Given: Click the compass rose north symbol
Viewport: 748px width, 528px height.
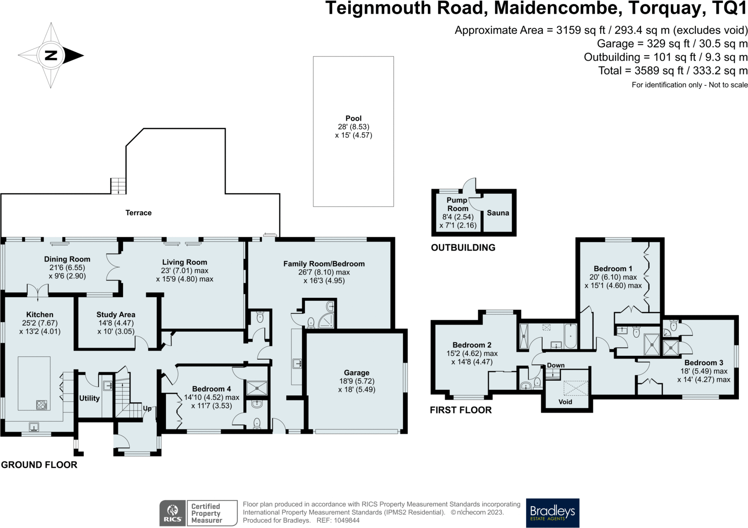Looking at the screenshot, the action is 51,56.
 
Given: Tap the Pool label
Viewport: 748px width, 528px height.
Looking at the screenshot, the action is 353,118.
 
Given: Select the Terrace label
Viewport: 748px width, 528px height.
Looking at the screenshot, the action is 138,213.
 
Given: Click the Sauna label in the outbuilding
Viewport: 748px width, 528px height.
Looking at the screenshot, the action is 498,213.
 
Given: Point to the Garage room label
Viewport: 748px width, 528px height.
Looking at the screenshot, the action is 356,373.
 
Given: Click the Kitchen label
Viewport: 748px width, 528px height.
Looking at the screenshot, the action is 40,315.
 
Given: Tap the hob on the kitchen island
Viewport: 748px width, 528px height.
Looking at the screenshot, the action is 41,405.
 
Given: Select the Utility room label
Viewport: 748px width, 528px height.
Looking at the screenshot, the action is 89,398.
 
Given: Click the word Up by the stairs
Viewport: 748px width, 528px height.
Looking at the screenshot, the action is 147,409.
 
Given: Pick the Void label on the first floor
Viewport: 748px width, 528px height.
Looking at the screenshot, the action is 565,402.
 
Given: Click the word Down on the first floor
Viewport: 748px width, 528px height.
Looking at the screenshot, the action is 556,365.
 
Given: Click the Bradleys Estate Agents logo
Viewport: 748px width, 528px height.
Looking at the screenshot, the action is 552,513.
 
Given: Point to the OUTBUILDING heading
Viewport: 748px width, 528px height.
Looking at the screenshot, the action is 463,248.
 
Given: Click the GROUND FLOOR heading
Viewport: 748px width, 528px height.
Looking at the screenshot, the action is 39,465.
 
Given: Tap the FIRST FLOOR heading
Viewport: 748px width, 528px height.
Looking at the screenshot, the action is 461,410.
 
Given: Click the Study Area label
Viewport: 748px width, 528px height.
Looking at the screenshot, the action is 116,315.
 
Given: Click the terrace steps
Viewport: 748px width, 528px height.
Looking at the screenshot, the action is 118,186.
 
